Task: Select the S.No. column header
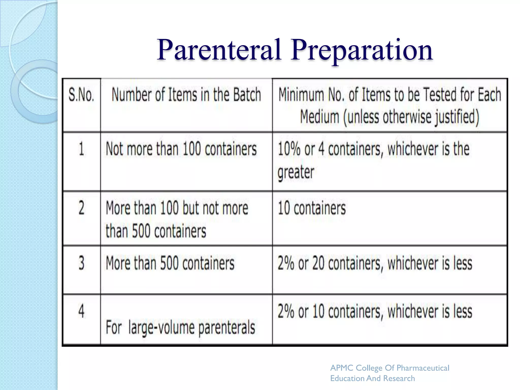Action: click(x=81, y=95)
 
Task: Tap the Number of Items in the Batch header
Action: click(x=186, y=95)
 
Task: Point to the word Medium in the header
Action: click(x=319, y=117)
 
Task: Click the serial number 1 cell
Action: click(x=81, y=149)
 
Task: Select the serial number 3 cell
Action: click(x=81, y=263)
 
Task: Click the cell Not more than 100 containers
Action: click(x=181, y=149)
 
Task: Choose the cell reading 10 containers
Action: click(x=312, y=208)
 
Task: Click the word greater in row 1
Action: click(x=296, y=172)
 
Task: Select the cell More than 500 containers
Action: click(x=170, y=263)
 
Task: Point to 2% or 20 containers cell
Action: click(x=375, y=263)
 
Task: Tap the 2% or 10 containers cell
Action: click(x=375, y=311)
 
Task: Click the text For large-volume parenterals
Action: click(x=180, y=328)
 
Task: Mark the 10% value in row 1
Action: click(x=289, y=149)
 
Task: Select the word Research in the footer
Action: click(x=399, y=378)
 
